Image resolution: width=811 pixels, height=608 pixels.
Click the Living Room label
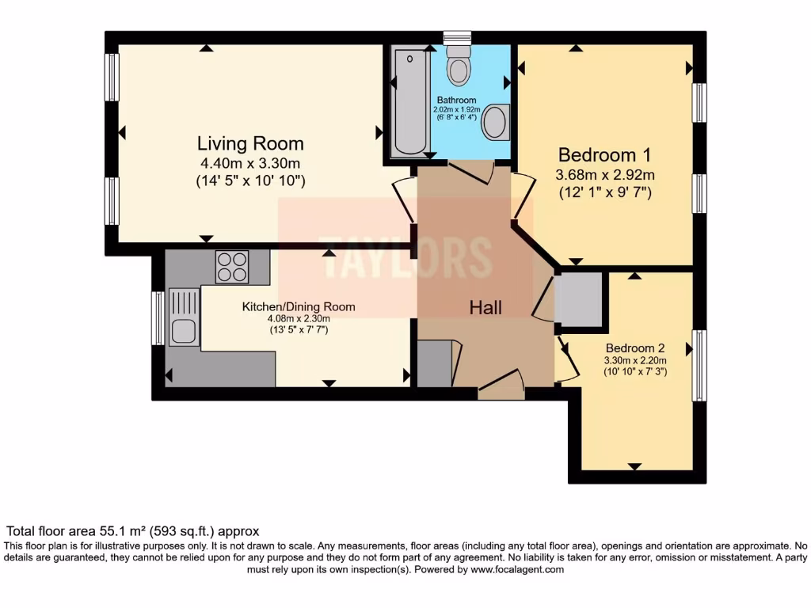tap(250, 143)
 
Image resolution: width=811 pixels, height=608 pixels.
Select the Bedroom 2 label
tap(634, 348)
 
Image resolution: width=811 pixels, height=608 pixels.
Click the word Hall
tap(485, 308)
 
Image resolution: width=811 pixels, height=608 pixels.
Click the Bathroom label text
tap(455, 101)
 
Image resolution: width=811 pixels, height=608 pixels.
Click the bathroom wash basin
tap(496, 123)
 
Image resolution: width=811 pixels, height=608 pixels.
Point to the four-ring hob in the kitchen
tap(232, 266)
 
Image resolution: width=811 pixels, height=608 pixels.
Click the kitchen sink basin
tap(184, 331)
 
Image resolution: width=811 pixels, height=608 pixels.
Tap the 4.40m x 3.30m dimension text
tap(250, 164)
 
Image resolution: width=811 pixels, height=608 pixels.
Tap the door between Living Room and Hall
tap(404, 200)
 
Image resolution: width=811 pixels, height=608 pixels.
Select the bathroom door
tap(472, 171)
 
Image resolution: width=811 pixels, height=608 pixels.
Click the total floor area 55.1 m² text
tap(133, 531)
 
